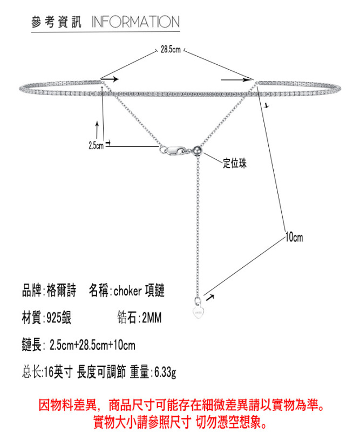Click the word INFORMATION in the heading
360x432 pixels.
click(135, 22)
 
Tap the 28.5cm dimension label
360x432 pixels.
click(170, 50)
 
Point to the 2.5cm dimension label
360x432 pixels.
click(96, 145)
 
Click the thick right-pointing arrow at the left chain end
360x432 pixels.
click(110, 79)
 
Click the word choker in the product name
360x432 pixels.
click(128, 292)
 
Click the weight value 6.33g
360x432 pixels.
click(165, 372)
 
